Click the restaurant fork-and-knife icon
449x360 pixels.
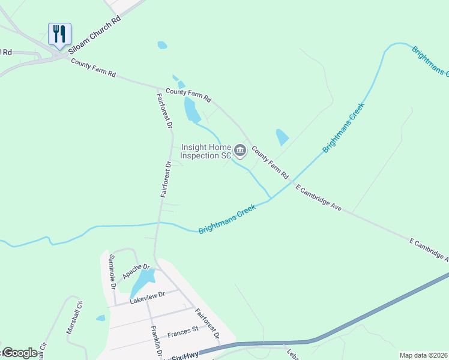coord(59,34)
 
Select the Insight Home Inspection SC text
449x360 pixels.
coord(202,151)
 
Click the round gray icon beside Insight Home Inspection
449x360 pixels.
coord(240,151)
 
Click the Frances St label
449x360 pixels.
coord(183,331)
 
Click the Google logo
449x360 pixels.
coord(20,353)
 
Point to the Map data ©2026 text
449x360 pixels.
coord(423,355)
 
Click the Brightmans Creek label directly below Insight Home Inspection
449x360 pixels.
coord(228,219)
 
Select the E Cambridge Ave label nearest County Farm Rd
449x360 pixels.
coord(319,197)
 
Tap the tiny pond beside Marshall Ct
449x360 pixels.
coord(100,318)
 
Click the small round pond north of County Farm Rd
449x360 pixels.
coord(161,45)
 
